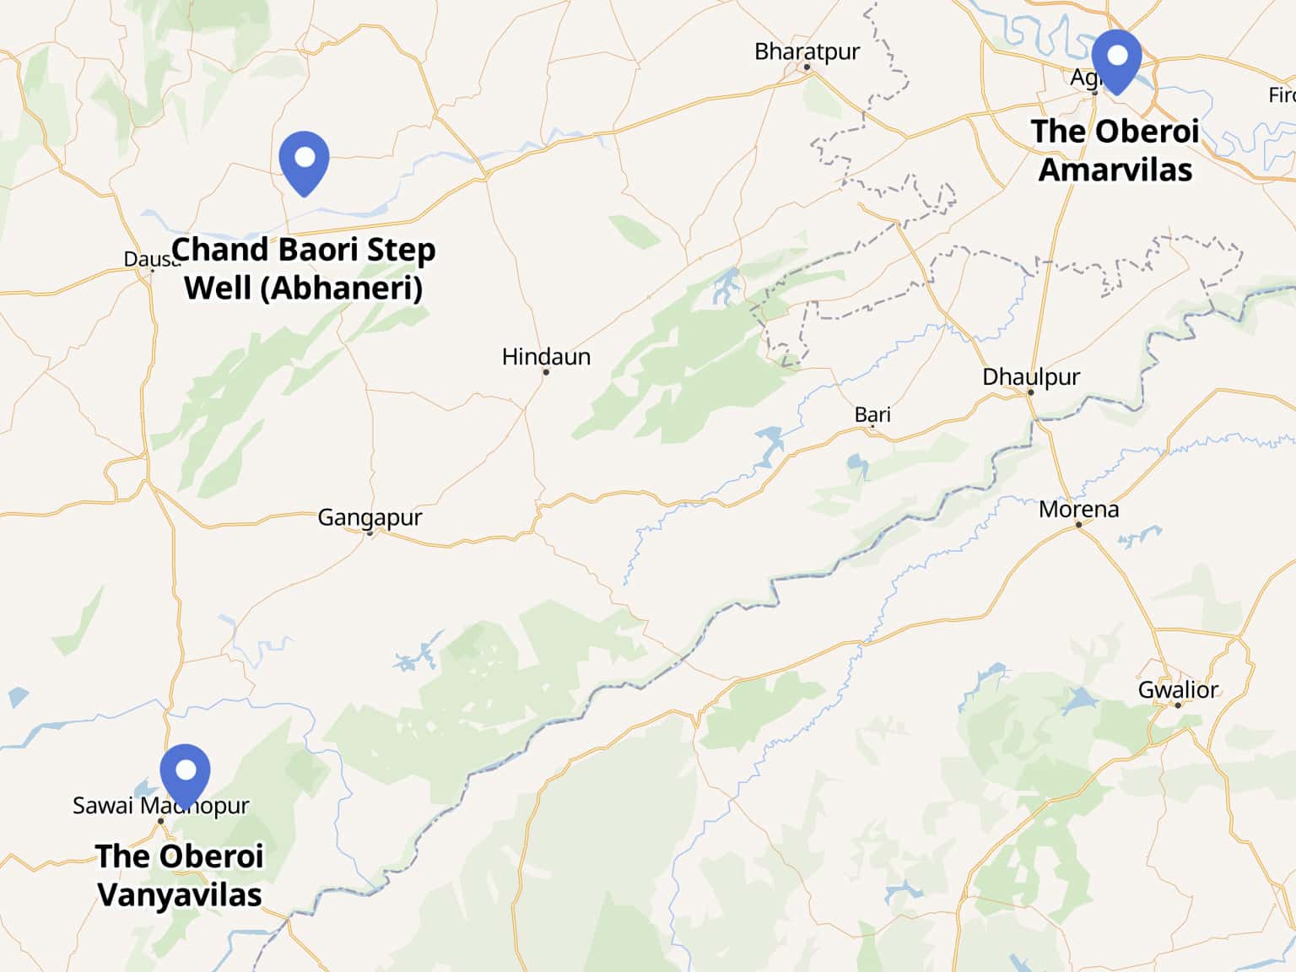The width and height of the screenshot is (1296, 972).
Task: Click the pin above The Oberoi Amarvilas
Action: (x=1116, y=59)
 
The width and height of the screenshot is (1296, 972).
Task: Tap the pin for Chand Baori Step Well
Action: (x=304, y=161)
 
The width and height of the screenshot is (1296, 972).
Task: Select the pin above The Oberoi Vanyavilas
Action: (x=185, y=773)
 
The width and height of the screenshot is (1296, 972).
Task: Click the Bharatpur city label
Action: (x=807, y=51)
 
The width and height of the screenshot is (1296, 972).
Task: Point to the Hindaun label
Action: (x=546, y=357)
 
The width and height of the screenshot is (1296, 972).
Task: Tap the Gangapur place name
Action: (x=370, y=516)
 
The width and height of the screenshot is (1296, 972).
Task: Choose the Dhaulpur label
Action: (x=1031, y=376)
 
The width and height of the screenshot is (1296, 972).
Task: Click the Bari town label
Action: (x=872, y=414)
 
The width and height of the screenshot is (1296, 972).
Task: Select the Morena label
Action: (x=1078, y=510)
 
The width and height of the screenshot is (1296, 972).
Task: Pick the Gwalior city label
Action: (x=1178, y=690)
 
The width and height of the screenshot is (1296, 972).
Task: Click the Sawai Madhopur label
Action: (x=160, y=806)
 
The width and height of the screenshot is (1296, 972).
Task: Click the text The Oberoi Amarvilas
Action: (x=1115, y=150)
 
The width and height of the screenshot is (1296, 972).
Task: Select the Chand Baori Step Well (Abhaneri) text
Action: (x=304, y=268)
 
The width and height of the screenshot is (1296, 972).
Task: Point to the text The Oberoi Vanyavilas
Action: (x=180, y=875)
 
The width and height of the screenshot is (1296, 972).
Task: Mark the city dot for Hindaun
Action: (x=546, y=372)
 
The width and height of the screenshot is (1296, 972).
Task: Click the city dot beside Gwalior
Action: (x=1178, y=705)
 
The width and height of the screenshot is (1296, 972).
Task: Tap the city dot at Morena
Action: (x=1078, y=525)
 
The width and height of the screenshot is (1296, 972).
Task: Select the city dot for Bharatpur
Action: (x=807, y=67)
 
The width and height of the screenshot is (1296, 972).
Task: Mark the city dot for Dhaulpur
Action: (x=1031, y=392)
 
